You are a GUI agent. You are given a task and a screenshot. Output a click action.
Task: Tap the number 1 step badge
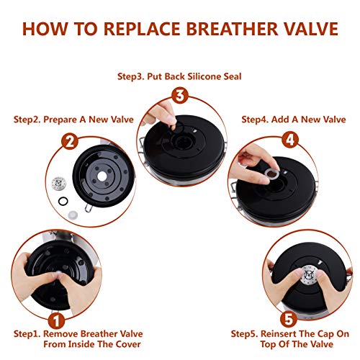56,321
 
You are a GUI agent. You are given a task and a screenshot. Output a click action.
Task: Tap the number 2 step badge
70,141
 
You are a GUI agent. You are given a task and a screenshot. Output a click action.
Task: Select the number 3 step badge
180,96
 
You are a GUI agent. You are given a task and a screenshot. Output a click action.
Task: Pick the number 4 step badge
290,140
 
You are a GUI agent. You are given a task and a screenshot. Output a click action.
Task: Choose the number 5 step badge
289,319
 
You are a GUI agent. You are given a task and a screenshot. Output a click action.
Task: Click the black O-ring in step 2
63,201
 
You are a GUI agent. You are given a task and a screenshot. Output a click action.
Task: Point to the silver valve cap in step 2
59,184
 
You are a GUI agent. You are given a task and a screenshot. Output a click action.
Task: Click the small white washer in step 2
73,215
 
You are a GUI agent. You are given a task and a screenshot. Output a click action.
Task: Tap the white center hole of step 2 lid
102,176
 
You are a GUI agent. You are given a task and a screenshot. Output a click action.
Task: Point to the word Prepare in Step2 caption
61,120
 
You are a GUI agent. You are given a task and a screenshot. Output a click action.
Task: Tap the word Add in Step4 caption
280,120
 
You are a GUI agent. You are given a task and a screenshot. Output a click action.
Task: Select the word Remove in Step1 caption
60,333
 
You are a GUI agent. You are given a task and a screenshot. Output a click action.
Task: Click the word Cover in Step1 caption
128,344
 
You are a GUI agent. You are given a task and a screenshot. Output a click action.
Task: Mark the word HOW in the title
45,29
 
